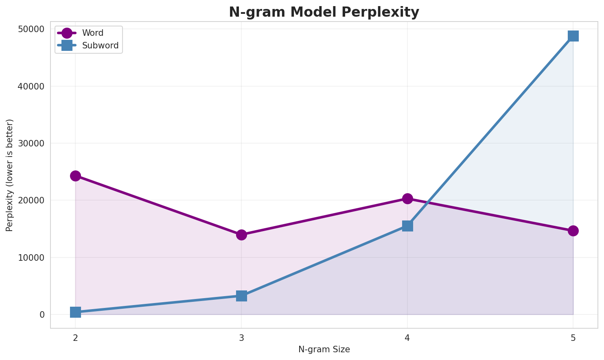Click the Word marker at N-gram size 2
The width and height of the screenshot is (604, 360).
pos(75,176)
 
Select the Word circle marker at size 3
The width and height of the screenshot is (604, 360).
pos(241,235)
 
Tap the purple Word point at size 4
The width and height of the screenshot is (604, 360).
pos(407,199)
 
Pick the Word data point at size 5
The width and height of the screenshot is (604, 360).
pos(573,231)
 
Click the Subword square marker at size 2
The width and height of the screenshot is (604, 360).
pos(75,312)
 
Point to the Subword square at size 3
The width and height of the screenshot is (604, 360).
pos(241,296)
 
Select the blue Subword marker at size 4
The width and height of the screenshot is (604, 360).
pos(407,226)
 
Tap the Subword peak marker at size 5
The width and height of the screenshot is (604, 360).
pos(573,36)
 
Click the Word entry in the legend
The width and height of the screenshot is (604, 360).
pos(93,33)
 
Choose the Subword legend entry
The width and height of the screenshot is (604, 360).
pos(100,46)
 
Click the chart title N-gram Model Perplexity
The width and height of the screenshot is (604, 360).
pos(324,12)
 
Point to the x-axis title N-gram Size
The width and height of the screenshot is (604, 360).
pos(324,349)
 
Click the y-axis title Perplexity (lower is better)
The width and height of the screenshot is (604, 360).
pos(10,175)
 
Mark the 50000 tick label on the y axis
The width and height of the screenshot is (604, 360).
pos(31,29)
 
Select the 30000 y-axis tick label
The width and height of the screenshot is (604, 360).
pos(31,144)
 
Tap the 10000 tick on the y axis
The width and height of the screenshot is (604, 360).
pos(31,257)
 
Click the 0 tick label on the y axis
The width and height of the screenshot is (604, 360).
pos(42,315)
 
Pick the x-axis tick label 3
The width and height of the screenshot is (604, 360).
pos(241,338)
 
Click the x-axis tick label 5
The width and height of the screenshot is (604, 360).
pos(573,338)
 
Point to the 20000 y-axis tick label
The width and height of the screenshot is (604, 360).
pos(31,201)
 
